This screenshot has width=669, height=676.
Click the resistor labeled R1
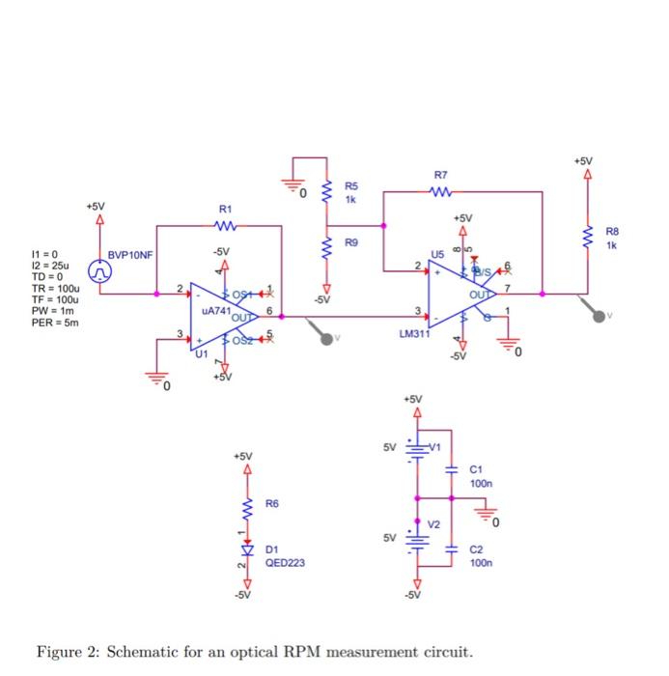click(226, 227)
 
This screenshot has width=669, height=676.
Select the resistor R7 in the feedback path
click(441, 191)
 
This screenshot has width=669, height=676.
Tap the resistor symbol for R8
click(587, 235)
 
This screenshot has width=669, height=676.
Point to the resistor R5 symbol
click(326, 191)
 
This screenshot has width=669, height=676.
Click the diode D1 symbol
click(247, 549)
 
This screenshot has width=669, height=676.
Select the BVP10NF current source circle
click(100, 270)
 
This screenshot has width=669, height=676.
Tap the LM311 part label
click(413, 335)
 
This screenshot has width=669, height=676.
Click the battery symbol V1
click(417, 449)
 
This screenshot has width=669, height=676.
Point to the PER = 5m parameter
click(58, 323)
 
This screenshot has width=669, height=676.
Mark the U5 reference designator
click(436, 254)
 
